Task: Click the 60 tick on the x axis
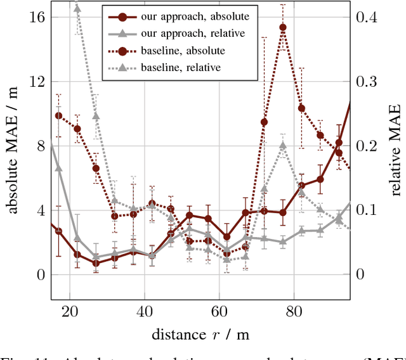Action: tap(218, 311)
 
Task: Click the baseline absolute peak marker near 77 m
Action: tap(283, 27)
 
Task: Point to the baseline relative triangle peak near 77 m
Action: tap(283, 145)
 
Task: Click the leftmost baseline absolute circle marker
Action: tap(58, 115)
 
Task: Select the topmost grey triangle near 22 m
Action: tap(77, 8)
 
